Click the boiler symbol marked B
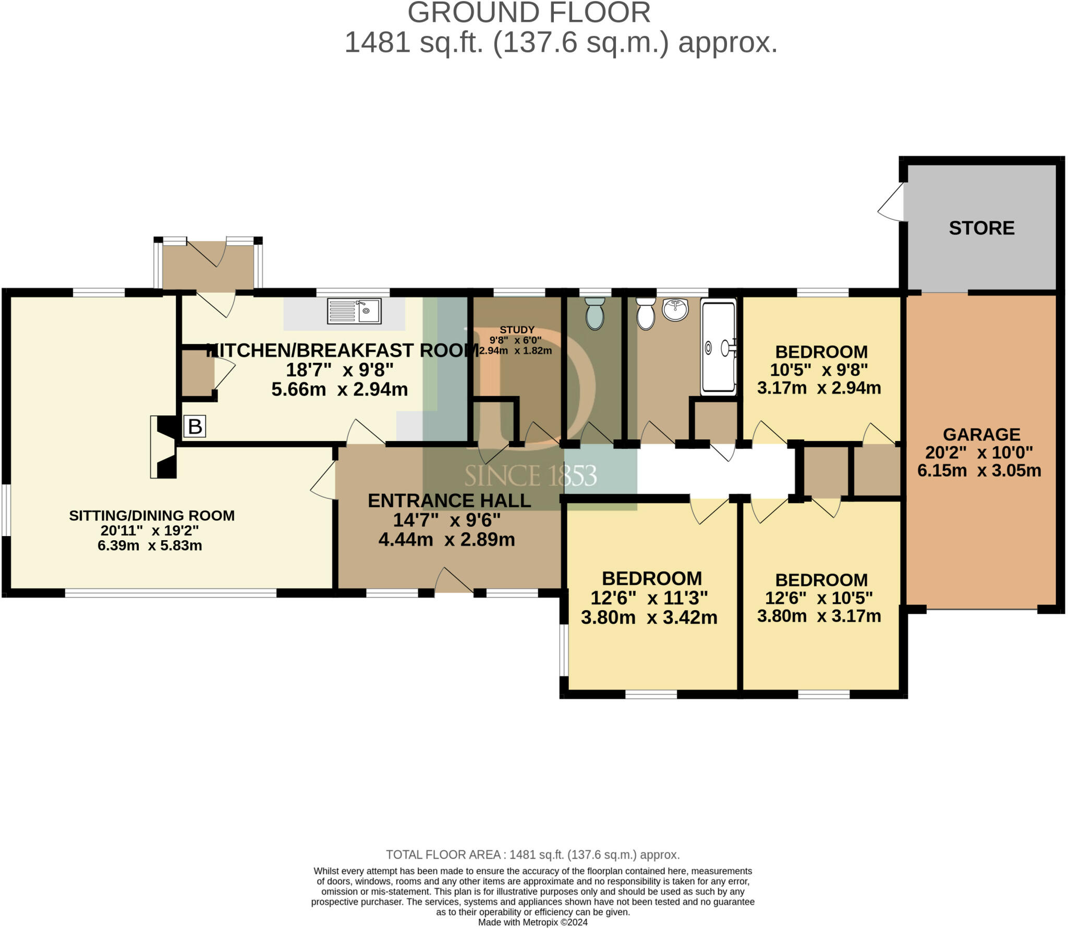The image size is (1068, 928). click(x=195, y=426)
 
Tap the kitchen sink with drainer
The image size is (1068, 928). click(x=354, y=311)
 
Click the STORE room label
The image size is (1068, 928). click(x=981, y=228)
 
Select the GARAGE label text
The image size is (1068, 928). click(x=981, y=434)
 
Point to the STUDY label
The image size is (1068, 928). click(x=517, y=330)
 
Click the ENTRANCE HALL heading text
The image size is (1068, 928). click(x=449, y=501)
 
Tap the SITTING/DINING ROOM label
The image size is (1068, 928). click(x=152, y=516)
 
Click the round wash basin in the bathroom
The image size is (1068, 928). click(x=675, y=309)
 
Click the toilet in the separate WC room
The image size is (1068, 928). click(x=594, y=314)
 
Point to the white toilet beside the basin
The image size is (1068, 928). click(x=646, y=314)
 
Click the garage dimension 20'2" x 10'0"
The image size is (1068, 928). click(x=979, y=452)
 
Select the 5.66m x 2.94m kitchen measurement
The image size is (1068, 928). click(x=339, y=389)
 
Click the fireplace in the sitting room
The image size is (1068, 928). click(x=164, y=447)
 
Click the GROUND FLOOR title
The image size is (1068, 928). click(x=529, y=13)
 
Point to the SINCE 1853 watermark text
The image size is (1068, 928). click(x=530, y=476)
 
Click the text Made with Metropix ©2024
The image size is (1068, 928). click(x=533, y=922)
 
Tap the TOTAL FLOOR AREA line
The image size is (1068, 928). click(x=533, y=855)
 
